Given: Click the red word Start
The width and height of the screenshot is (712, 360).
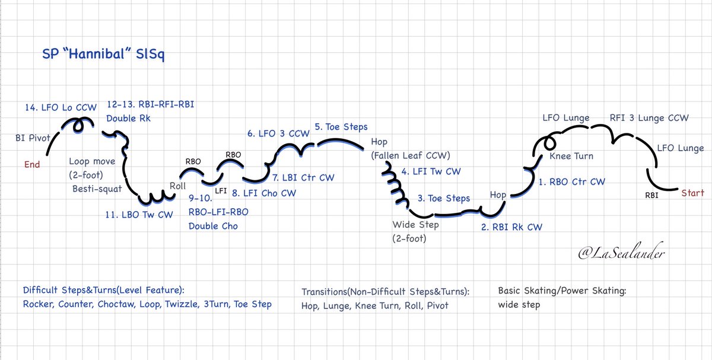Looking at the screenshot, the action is coord(692,193).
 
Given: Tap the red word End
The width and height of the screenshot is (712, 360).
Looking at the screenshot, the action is coord(32,164).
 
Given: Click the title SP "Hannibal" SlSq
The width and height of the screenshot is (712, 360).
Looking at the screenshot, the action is coord(104,54).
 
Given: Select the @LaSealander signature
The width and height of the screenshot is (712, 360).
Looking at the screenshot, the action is coord(621,253).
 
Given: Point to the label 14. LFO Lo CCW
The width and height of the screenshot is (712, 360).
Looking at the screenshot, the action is coord(61,107).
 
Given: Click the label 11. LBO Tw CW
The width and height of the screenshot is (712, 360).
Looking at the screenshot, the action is coord(139,215).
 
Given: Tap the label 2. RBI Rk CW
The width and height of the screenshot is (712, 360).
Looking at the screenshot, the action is coord(511,227).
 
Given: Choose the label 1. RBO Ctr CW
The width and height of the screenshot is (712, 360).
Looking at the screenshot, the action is coord(572,181).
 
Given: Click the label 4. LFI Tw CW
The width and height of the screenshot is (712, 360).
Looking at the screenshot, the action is coord(431,171).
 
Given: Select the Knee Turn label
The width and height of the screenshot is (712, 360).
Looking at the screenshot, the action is coord(571,156).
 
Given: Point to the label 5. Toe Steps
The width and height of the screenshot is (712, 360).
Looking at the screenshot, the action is coord(341,127).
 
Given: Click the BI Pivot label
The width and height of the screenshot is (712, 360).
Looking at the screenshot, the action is coord(33,138).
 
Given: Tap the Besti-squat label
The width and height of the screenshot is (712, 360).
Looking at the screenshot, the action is coord(97,189).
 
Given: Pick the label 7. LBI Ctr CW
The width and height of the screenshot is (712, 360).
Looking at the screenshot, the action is coord(303,177).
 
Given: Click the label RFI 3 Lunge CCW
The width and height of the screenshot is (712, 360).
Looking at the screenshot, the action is coord(649,118).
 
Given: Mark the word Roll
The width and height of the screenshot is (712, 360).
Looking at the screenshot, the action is coord(177,186).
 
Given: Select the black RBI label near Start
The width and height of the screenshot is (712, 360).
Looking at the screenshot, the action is coord(651,195).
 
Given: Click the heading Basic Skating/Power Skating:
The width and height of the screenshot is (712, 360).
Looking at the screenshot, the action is coord(562,291).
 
